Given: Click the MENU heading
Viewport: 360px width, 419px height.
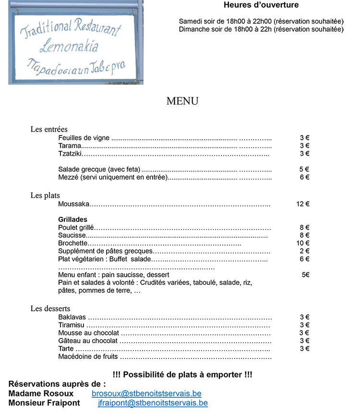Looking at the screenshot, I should pyautogui.click(x=182, y=101).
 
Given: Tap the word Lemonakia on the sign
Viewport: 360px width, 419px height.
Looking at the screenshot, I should pyautogui.click(x=69, y=47).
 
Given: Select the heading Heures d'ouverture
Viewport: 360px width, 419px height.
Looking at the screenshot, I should pyautogui.click(x=261, y=5).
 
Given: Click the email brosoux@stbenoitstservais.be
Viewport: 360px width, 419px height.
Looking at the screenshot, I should pyautogui.click(x=146, y=394).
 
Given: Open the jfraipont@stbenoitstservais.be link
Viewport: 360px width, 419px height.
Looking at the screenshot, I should pyautogui.click(x=153, y=403).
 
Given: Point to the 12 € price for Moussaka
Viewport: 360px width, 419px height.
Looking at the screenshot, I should pyautogui.click(x=302, y=204).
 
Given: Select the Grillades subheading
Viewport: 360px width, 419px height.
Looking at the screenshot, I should pyautogui.click(x=72, y=220).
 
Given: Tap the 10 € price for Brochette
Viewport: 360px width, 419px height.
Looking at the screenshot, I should pyautogui.click(x=302, y=243).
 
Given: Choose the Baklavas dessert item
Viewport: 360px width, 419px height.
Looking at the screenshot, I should pyautogui.click(x=72, y=317).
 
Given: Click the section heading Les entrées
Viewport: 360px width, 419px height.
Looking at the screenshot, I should pyautogui.click(x=49, y=129).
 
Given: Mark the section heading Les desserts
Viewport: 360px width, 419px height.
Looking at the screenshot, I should pyautogui.click(x=50, y=308).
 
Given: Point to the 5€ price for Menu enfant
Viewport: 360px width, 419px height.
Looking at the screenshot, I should pyautogui.click(x=305, y=275).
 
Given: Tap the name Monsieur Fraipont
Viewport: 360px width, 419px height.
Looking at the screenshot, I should pyautogui.click(x=44, y=403).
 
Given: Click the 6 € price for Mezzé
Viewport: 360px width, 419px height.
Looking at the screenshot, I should pyautogui.click(x=304, y=177).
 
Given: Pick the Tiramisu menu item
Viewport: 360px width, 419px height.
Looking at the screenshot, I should pyautogui.click(x=72, y=325).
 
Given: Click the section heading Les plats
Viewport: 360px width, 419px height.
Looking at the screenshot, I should pyautogui.click(x=45, y=196).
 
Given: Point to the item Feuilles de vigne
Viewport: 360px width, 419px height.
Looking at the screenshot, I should pyautogui.click(x=84, y=138).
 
